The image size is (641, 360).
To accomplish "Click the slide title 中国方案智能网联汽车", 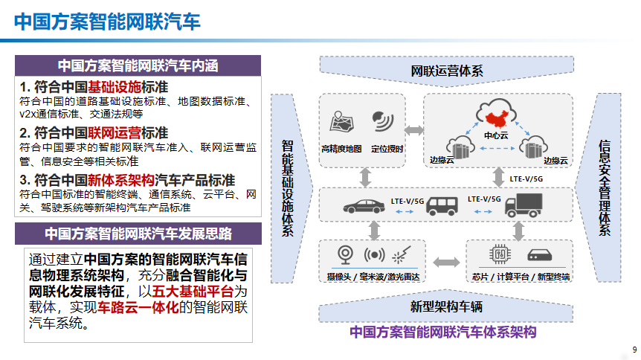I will [x=107, y=20].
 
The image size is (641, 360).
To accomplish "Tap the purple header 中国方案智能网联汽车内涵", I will [x=138, y=65].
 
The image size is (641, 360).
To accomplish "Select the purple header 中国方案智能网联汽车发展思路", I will [x=138, y=234].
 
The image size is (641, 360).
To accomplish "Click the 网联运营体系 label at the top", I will [x=447, y=71].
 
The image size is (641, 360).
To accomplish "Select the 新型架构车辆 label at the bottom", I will [x=446, y=307].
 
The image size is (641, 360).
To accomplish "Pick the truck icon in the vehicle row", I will [x=527, y=203].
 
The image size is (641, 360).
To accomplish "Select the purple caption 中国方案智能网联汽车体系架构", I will [x=443, y=332].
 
